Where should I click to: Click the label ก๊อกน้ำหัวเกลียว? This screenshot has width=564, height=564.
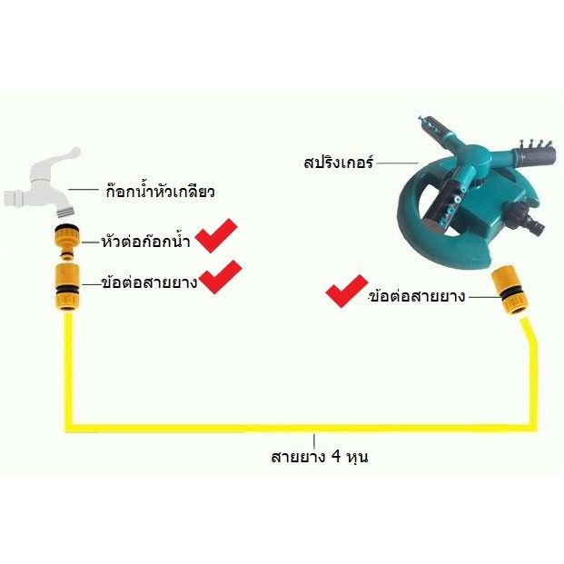pos(158,192)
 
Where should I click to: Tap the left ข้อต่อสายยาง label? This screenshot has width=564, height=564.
pos(149,282)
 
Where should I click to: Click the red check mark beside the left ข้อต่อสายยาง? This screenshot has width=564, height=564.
pos(221,277)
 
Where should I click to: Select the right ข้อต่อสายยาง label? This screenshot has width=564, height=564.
pos(417,295)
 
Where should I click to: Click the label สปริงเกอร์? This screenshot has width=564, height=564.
pos(339,164)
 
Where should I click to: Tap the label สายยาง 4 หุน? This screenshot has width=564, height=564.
pos(318,457)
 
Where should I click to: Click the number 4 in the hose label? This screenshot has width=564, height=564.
pos(335,457)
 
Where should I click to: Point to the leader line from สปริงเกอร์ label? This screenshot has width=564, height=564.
pos(388,164)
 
